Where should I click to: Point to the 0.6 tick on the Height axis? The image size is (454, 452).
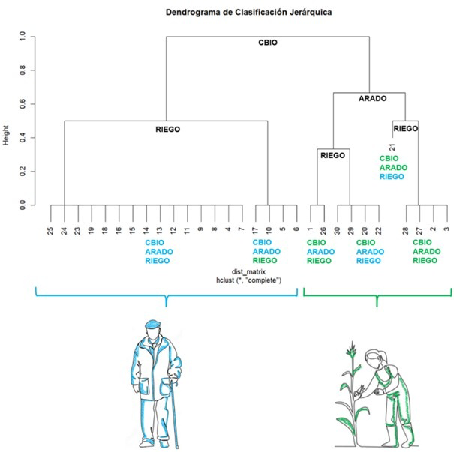click(22, 104)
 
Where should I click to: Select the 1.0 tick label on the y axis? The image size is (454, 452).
click(22, 36)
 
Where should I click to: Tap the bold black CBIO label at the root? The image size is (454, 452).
click(268, 43)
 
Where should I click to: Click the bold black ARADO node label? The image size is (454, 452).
click(373, 99)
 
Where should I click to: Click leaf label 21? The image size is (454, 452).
click(392, 148)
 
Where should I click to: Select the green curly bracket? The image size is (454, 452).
click(377, 294)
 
